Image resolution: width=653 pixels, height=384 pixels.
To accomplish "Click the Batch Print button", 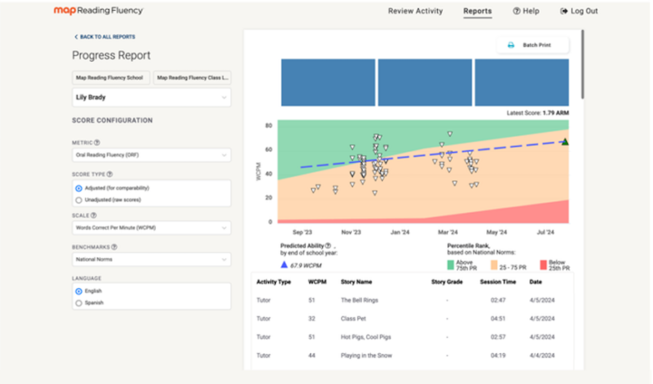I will click(532, 44).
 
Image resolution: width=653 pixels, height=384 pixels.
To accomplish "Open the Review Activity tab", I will click(414, 11).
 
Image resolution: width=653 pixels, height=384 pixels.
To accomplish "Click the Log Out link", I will click(579, 11).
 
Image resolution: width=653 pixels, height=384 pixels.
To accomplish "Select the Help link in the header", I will click(526, 11).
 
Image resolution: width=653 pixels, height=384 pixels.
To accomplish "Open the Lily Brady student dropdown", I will click(151, 96).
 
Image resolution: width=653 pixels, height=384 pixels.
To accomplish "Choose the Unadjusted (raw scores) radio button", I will click(79, 199).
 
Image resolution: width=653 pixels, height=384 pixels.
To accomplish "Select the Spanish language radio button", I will click(79, 302).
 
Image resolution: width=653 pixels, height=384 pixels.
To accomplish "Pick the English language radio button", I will click(79, 292).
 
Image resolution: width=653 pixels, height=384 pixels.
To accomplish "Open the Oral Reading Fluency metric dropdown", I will click(151, 155).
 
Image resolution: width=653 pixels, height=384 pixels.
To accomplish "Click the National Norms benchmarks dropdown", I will click(151, 259).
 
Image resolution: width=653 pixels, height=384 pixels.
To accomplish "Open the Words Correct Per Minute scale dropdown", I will click(151, 228).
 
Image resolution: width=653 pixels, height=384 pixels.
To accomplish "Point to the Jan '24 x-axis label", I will click(399, 232).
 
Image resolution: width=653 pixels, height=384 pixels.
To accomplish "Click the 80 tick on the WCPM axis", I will click(268, 126).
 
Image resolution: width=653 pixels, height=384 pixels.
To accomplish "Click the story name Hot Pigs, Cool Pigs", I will click(361, 336).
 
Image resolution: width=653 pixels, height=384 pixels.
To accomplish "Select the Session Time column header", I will click(498, 282).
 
